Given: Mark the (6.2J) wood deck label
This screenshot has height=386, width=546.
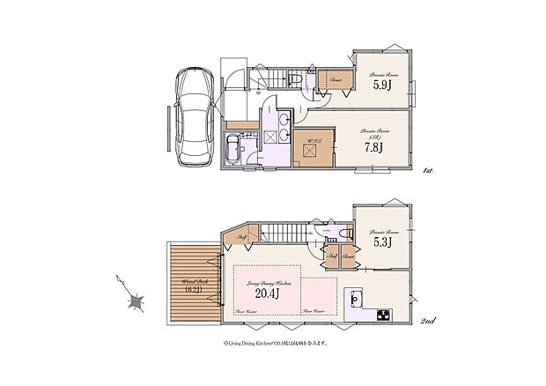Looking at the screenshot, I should tap(194, 289).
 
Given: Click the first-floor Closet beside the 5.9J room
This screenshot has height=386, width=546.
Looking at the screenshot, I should tap(335, 80).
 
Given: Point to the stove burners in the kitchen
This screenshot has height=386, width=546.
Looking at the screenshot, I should tap(384, 315).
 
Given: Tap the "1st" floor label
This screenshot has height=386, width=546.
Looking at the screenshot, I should tap(428, 170).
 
